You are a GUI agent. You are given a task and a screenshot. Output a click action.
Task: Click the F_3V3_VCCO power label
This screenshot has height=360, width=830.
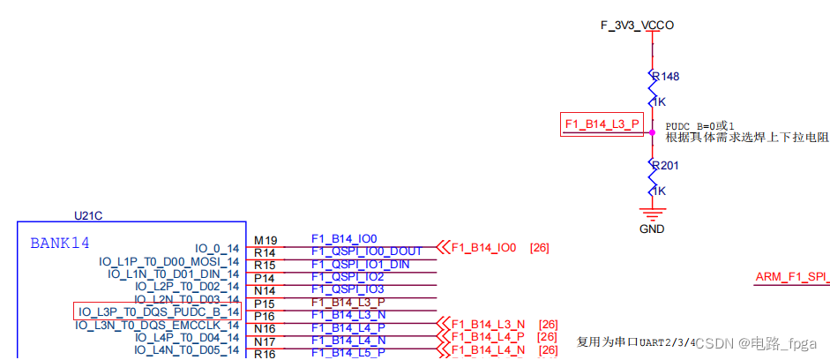coord(637,26)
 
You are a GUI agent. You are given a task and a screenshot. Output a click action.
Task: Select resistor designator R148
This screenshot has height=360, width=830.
coord(664,77)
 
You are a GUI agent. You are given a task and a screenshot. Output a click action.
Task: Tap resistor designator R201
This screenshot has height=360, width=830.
coord(664,165)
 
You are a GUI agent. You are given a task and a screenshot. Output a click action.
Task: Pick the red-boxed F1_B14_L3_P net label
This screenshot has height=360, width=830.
coord(601,124)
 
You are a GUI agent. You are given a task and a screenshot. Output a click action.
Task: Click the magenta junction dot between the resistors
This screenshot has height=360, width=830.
coord(652,133)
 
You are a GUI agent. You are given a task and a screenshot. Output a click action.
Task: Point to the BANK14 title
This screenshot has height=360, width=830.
coord(60,243)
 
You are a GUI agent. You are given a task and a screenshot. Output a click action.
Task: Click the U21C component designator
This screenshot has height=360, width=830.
coord(88,215)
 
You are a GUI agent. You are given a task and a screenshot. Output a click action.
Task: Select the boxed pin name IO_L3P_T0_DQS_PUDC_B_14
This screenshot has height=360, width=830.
coord(158,311)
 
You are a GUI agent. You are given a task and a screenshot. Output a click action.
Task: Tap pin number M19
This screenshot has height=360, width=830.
coord(265,240)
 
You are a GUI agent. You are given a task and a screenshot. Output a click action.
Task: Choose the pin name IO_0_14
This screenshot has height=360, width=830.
coord(217,249)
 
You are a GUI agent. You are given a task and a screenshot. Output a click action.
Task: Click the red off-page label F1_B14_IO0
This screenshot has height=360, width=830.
coord(483,247)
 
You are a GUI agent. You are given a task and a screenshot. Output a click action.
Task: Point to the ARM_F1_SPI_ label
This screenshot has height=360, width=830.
coord(791,277)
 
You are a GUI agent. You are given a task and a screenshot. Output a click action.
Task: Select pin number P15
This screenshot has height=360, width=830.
coord(265,303)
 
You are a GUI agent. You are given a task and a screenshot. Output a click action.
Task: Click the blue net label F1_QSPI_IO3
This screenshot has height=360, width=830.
coord(348,289)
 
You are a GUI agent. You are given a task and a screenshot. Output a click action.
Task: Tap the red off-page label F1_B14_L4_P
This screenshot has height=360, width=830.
coord(488,337)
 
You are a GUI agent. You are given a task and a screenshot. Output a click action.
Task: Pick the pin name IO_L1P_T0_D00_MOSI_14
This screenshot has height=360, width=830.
coord(169,261)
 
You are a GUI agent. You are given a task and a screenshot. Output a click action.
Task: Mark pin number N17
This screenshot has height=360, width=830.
coord(265,341)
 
